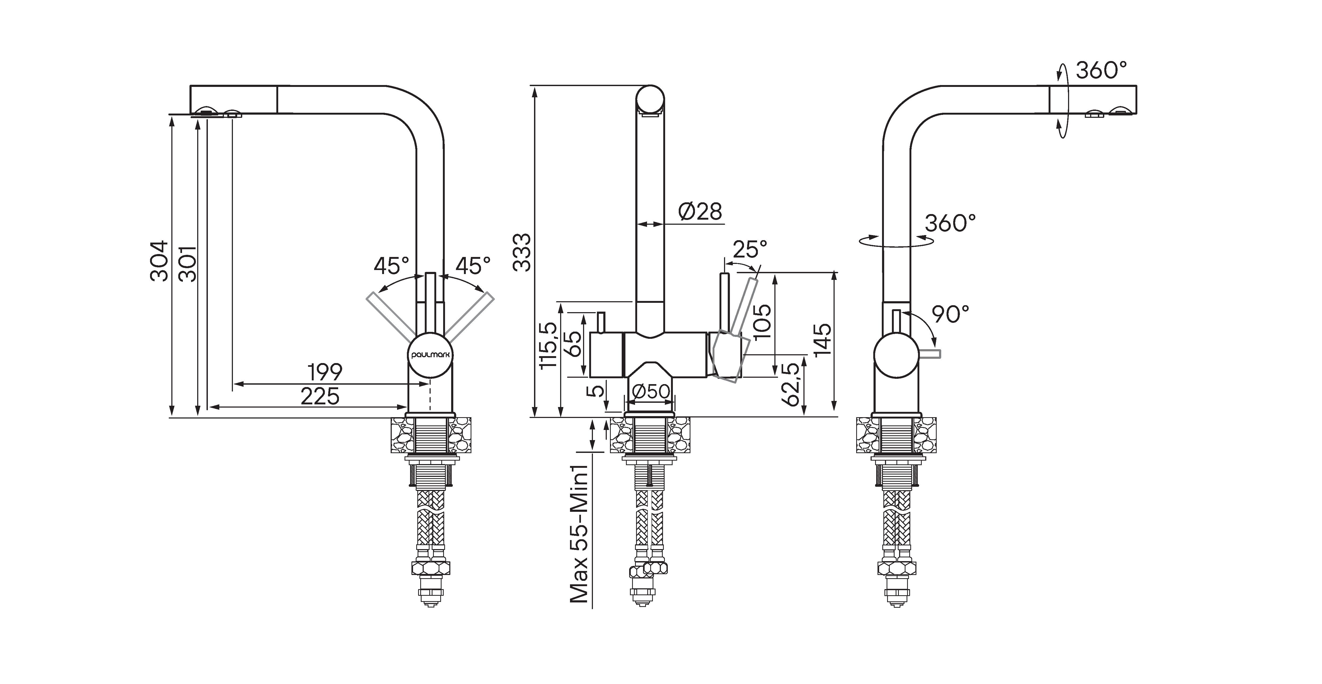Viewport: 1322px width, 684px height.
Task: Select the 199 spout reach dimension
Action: click(325, 372)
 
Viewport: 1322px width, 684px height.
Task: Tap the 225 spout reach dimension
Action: click(320, 396)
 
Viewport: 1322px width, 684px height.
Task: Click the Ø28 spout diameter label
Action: click(700, 211)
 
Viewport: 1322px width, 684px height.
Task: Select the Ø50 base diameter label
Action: click(651, 392)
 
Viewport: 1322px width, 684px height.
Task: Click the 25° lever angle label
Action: click(750, 250)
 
